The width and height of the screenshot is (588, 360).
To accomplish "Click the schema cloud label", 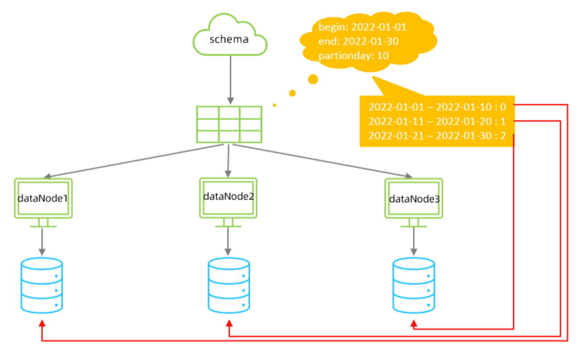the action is coord(229,39).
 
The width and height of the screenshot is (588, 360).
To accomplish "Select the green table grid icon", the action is coord(229,124).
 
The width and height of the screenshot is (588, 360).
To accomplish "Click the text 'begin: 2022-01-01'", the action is coord(362,27).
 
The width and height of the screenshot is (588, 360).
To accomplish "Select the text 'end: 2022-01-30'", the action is coord(359,42).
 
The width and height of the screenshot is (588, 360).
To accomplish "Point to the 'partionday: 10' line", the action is coord(353,56).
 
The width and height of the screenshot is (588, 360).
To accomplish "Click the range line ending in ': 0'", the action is coord(437,107).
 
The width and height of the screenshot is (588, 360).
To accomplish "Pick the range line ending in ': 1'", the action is coord(437,121).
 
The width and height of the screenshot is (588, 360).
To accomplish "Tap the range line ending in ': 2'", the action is coord(437,136).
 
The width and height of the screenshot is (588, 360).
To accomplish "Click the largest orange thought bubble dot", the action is coord(313,79).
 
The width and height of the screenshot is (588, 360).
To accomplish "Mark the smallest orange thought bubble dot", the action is coord(274,105).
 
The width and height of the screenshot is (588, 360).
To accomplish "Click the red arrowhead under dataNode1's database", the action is coord(42,323).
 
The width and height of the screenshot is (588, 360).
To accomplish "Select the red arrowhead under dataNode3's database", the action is coord(414,323).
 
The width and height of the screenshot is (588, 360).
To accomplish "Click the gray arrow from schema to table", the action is coord(231,80).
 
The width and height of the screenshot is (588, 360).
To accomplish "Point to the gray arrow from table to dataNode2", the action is coord(228,161).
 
